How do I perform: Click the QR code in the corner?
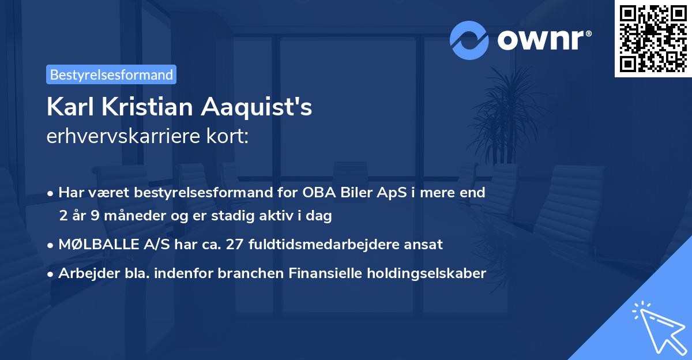653,39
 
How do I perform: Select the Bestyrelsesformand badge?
111,74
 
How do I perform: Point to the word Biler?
353,193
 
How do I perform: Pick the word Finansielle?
328,273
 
